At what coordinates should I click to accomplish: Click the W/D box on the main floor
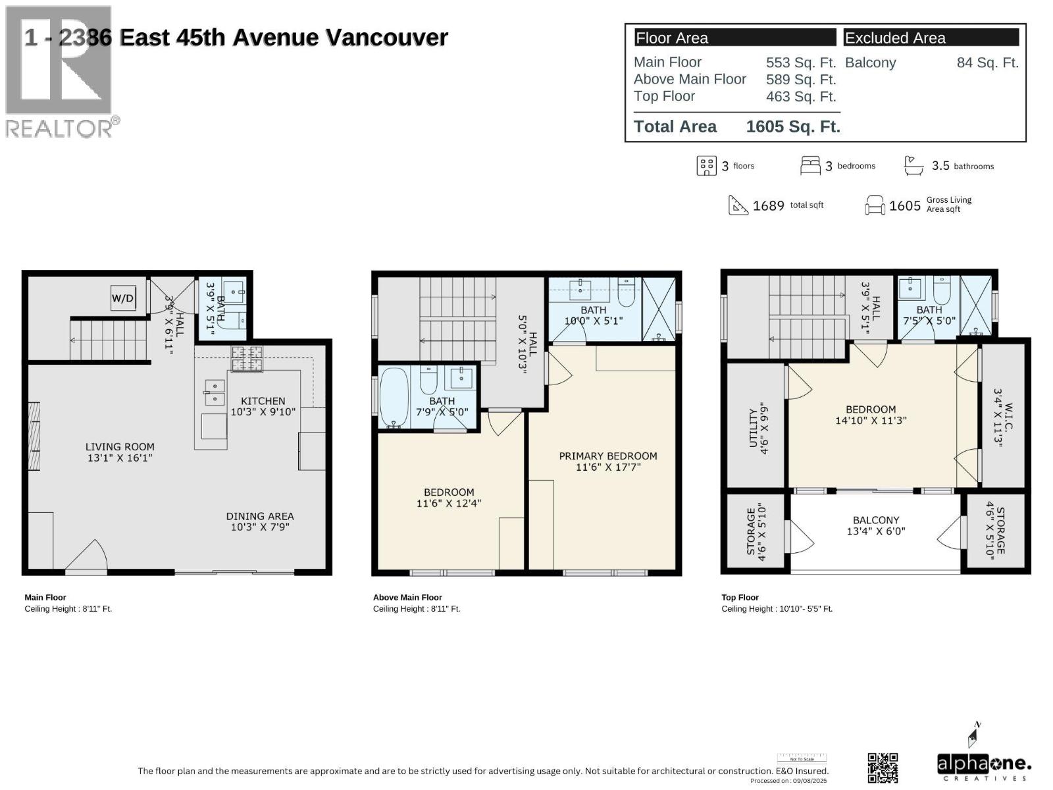122,298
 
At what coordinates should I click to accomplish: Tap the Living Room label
120,447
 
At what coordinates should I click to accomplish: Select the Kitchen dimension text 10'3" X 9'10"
263,412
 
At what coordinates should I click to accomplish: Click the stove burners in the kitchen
247,359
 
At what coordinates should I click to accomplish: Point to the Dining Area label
260,516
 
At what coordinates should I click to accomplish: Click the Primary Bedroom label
608,456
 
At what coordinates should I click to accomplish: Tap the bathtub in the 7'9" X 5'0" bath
394,398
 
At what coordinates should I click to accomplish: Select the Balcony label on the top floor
876,520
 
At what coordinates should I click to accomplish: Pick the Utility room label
754,428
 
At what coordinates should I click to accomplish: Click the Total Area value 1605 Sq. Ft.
793,127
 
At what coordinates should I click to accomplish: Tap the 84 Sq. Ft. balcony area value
987,63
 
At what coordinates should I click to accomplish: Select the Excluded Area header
895,38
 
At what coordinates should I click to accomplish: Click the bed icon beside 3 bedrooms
810,166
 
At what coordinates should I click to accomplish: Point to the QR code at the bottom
883,768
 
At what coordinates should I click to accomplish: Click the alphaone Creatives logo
984,766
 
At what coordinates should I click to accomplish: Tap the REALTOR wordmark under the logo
59,128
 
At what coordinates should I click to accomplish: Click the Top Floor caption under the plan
740,598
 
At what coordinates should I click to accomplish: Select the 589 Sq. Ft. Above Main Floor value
800,80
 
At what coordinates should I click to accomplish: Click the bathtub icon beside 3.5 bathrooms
913,166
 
